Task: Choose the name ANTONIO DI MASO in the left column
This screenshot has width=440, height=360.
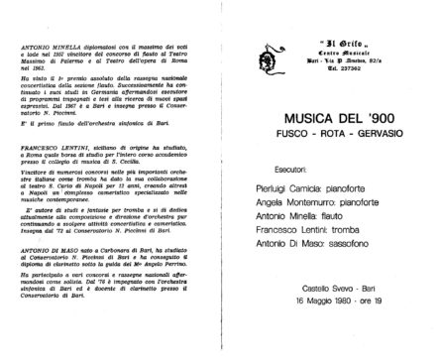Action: [x=50, y=253]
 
